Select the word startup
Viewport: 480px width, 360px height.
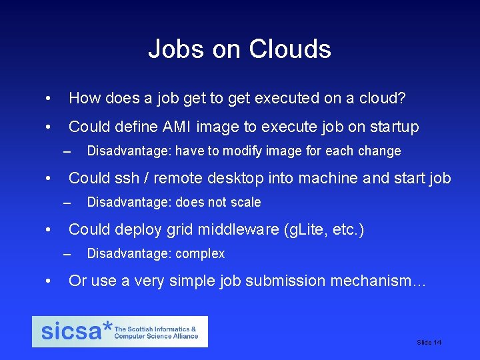(392, 127)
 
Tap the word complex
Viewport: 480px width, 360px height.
(202, 254)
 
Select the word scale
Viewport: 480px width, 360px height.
(245, 203)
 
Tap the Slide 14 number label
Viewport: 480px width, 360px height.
(429, 343)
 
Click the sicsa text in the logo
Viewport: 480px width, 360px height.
(70, 332)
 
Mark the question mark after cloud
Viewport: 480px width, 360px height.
(400, 99)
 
